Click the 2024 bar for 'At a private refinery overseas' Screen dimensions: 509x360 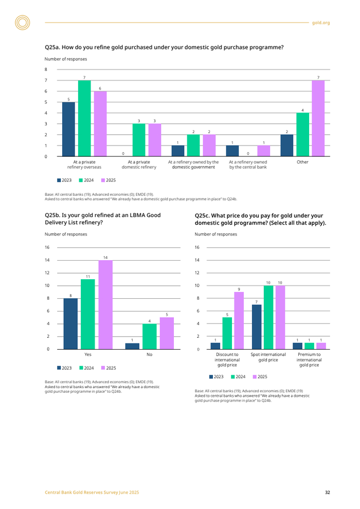(84, 118)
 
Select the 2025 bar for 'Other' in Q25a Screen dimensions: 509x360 (318, 118)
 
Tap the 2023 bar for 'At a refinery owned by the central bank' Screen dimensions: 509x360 (232, 151)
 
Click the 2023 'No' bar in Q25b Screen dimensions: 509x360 (132, 346)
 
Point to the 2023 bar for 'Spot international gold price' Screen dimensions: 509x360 (257, 326)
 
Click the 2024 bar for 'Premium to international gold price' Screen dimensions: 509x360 (310, 346)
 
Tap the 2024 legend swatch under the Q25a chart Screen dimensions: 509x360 (81, 180)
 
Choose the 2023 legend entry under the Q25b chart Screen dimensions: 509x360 (64, 368)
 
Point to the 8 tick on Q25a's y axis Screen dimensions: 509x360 (46, 69)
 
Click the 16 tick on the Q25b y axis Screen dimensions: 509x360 (47, 247)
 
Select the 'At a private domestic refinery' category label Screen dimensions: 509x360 (139, 165)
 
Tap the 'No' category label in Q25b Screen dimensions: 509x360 (149, 355)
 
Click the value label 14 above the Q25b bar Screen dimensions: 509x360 (105, 257)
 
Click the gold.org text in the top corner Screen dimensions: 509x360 (322, 23)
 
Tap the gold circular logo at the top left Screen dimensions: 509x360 (23, 23)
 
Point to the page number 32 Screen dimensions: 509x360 (327, 493)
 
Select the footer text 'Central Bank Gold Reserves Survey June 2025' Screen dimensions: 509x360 (92, 493)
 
